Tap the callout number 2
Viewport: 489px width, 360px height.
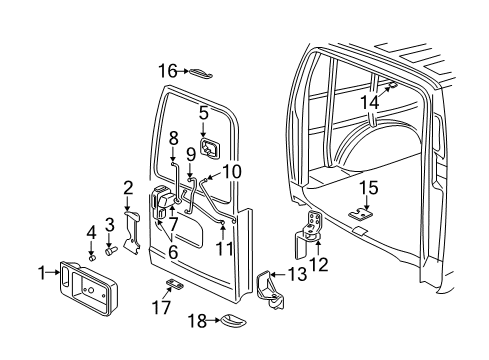(127, 186)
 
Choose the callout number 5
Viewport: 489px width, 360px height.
(203, 112)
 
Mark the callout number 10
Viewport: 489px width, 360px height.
(232, 171)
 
